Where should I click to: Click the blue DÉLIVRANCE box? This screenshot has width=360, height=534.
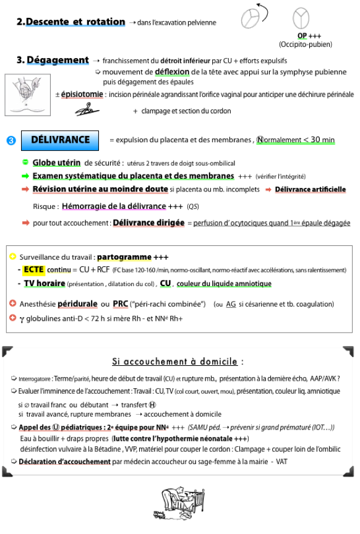60,140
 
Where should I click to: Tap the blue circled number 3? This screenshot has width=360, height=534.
11,140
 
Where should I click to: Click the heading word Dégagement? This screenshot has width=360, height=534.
58,60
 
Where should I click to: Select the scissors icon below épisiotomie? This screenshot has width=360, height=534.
87,110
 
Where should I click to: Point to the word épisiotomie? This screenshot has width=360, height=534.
82,95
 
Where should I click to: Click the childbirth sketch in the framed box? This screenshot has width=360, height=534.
28,95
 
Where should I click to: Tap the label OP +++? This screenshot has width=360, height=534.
309,36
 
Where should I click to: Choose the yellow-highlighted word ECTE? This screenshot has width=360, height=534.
33,270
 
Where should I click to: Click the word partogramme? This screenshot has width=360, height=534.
124,257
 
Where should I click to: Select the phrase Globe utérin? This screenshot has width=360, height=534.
56,163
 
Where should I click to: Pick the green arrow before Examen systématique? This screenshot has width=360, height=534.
25,176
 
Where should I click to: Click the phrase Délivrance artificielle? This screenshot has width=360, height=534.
311,189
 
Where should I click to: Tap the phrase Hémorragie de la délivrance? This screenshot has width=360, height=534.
114,206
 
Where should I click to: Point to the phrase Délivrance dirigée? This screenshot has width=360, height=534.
148,222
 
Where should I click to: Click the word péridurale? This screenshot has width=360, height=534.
77,304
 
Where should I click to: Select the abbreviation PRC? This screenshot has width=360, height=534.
121,304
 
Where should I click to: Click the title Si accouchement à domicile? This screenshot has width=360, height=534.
174,362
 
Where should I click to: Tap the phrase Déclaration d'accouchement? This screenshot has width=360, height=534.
64,462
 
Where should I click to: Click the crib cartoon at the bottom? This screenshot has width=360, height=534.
179,503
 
